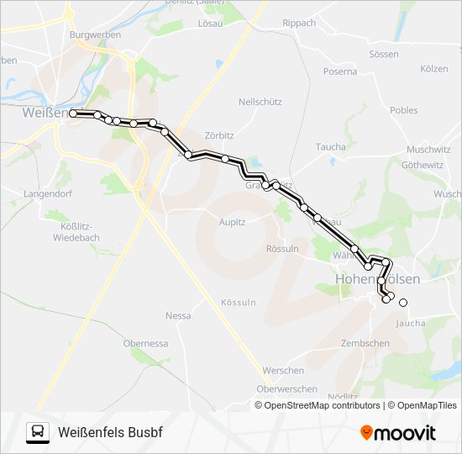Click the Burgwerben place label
(x=96, y=35)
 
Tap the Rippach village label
(x=299, y=23)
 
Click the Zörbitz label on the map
(x=219, y=134)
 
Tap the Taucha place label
(x=330, y=146)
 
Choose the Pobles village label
(x=403, y=110)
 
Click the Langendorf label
(x=24, y=193)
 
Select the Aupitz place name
(x=231, y=222)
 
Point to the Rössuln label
(x=281, y=249)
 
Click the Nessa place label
(x=178, y=316)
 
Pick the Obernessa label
(x=145, y=343)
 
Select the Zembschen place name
(x=365, y=343)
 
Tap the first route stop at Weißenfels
(x=73, y=113)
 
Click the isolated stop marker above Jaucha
(x=403, y=303)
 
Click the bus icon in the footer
(x=38, y=432)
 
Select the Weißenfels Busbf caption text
(x=110, y=432)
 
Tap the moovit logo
(x=398, y=432)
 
